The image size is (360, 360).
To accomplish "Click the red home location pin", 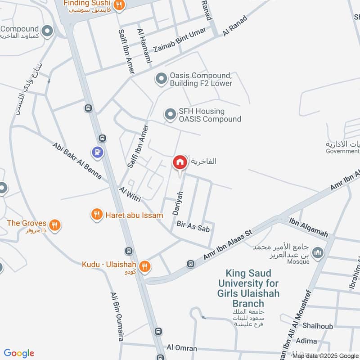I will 180,162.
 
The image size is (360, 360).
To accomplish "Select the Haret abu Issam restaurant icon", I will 97,215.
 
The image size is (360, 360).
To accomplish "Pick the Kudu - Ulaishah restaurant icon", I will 144,266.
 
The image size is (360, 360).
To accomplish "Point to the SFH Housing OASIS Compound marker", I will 170,115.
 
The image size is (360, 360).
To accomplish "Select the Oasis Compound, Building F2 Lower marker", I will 161,80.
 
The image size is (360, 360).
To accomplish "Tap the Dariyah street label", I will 179,202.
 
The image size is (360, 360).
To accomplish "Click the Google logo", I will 19,353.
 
